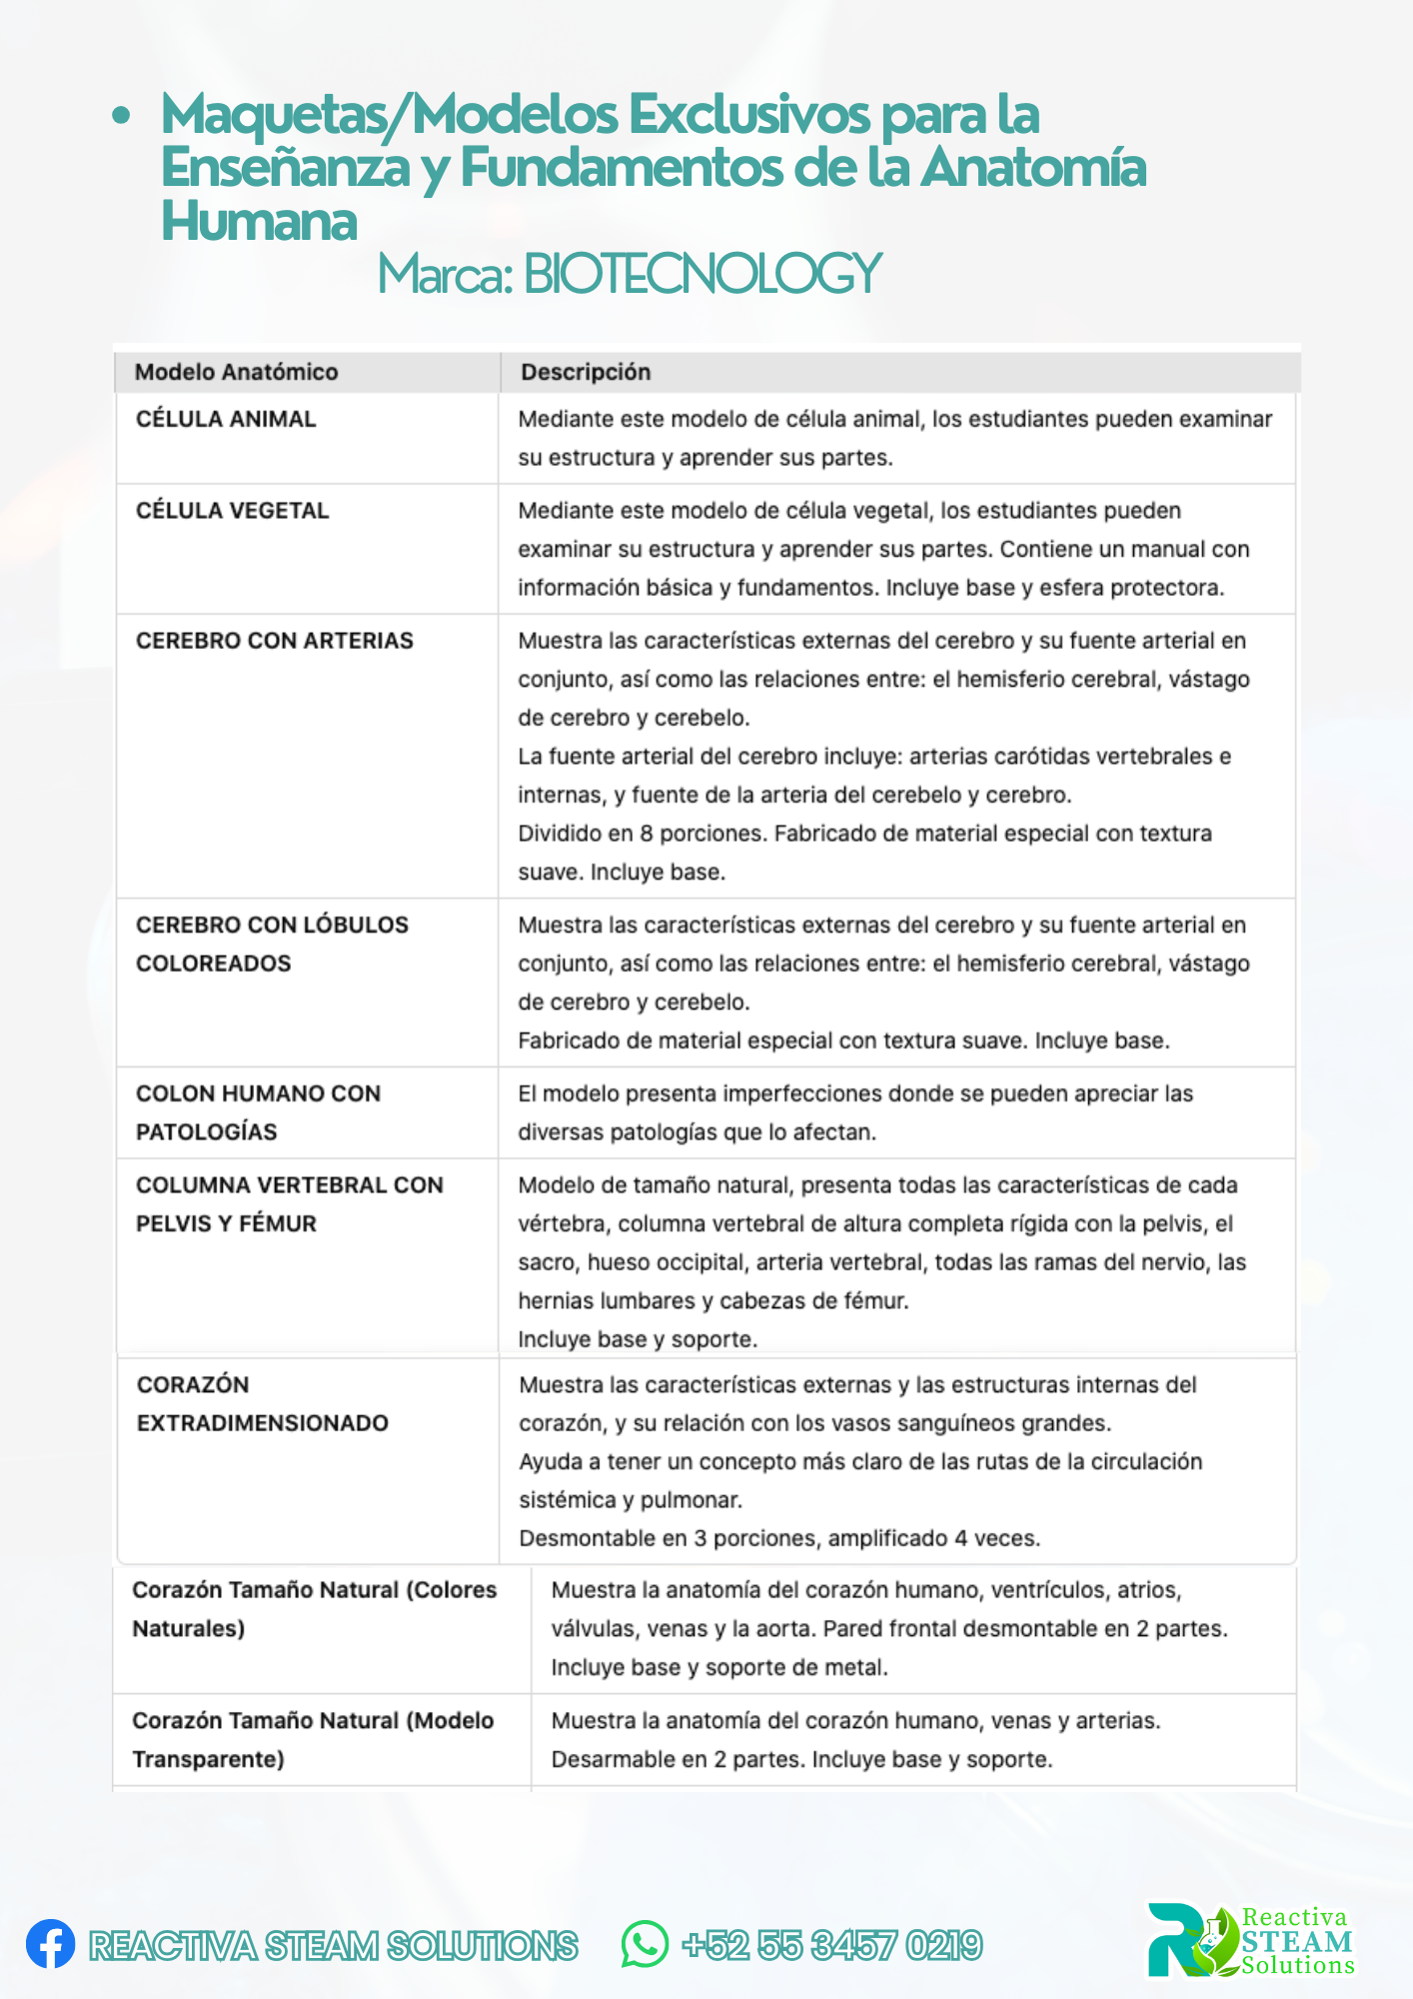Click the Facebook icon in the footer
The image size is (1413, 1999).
(x=50, y=1944)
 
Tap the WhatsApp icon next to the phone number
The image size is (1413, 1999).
(x=645, y=1944)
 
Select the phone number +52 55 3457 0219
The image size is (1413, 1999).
(x=832, y=1945)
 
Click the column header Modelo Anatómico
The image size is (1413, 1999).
(x=236, y=372)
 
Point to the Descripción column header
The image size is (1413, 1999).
(x=586, y=372)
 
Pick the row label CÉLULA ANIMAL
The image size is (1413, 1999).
(x=226, y=419)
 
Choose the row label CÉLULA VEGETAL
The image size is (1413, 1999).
(x=232, y=511)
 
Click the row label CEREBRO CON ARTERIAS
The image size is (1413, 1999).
(x=274, y=641)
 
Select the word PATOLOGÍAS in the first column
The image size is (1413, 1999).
(x=206, y=1131)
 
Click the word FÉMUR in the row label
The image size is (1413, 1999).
(x=278, y=1223)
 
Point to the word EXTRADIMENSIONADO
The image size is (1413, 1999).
(x=262, y=1422)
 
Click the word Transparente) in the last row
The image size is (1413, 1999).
(x=208, y=1759)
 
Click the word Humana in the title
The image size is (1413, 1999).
(x=259, y=220)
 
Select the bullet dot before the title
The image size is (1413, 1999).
(x=121, y=116)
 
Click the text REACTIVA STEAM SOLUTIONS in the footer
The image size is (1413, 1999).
(x=333, y=1945)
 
